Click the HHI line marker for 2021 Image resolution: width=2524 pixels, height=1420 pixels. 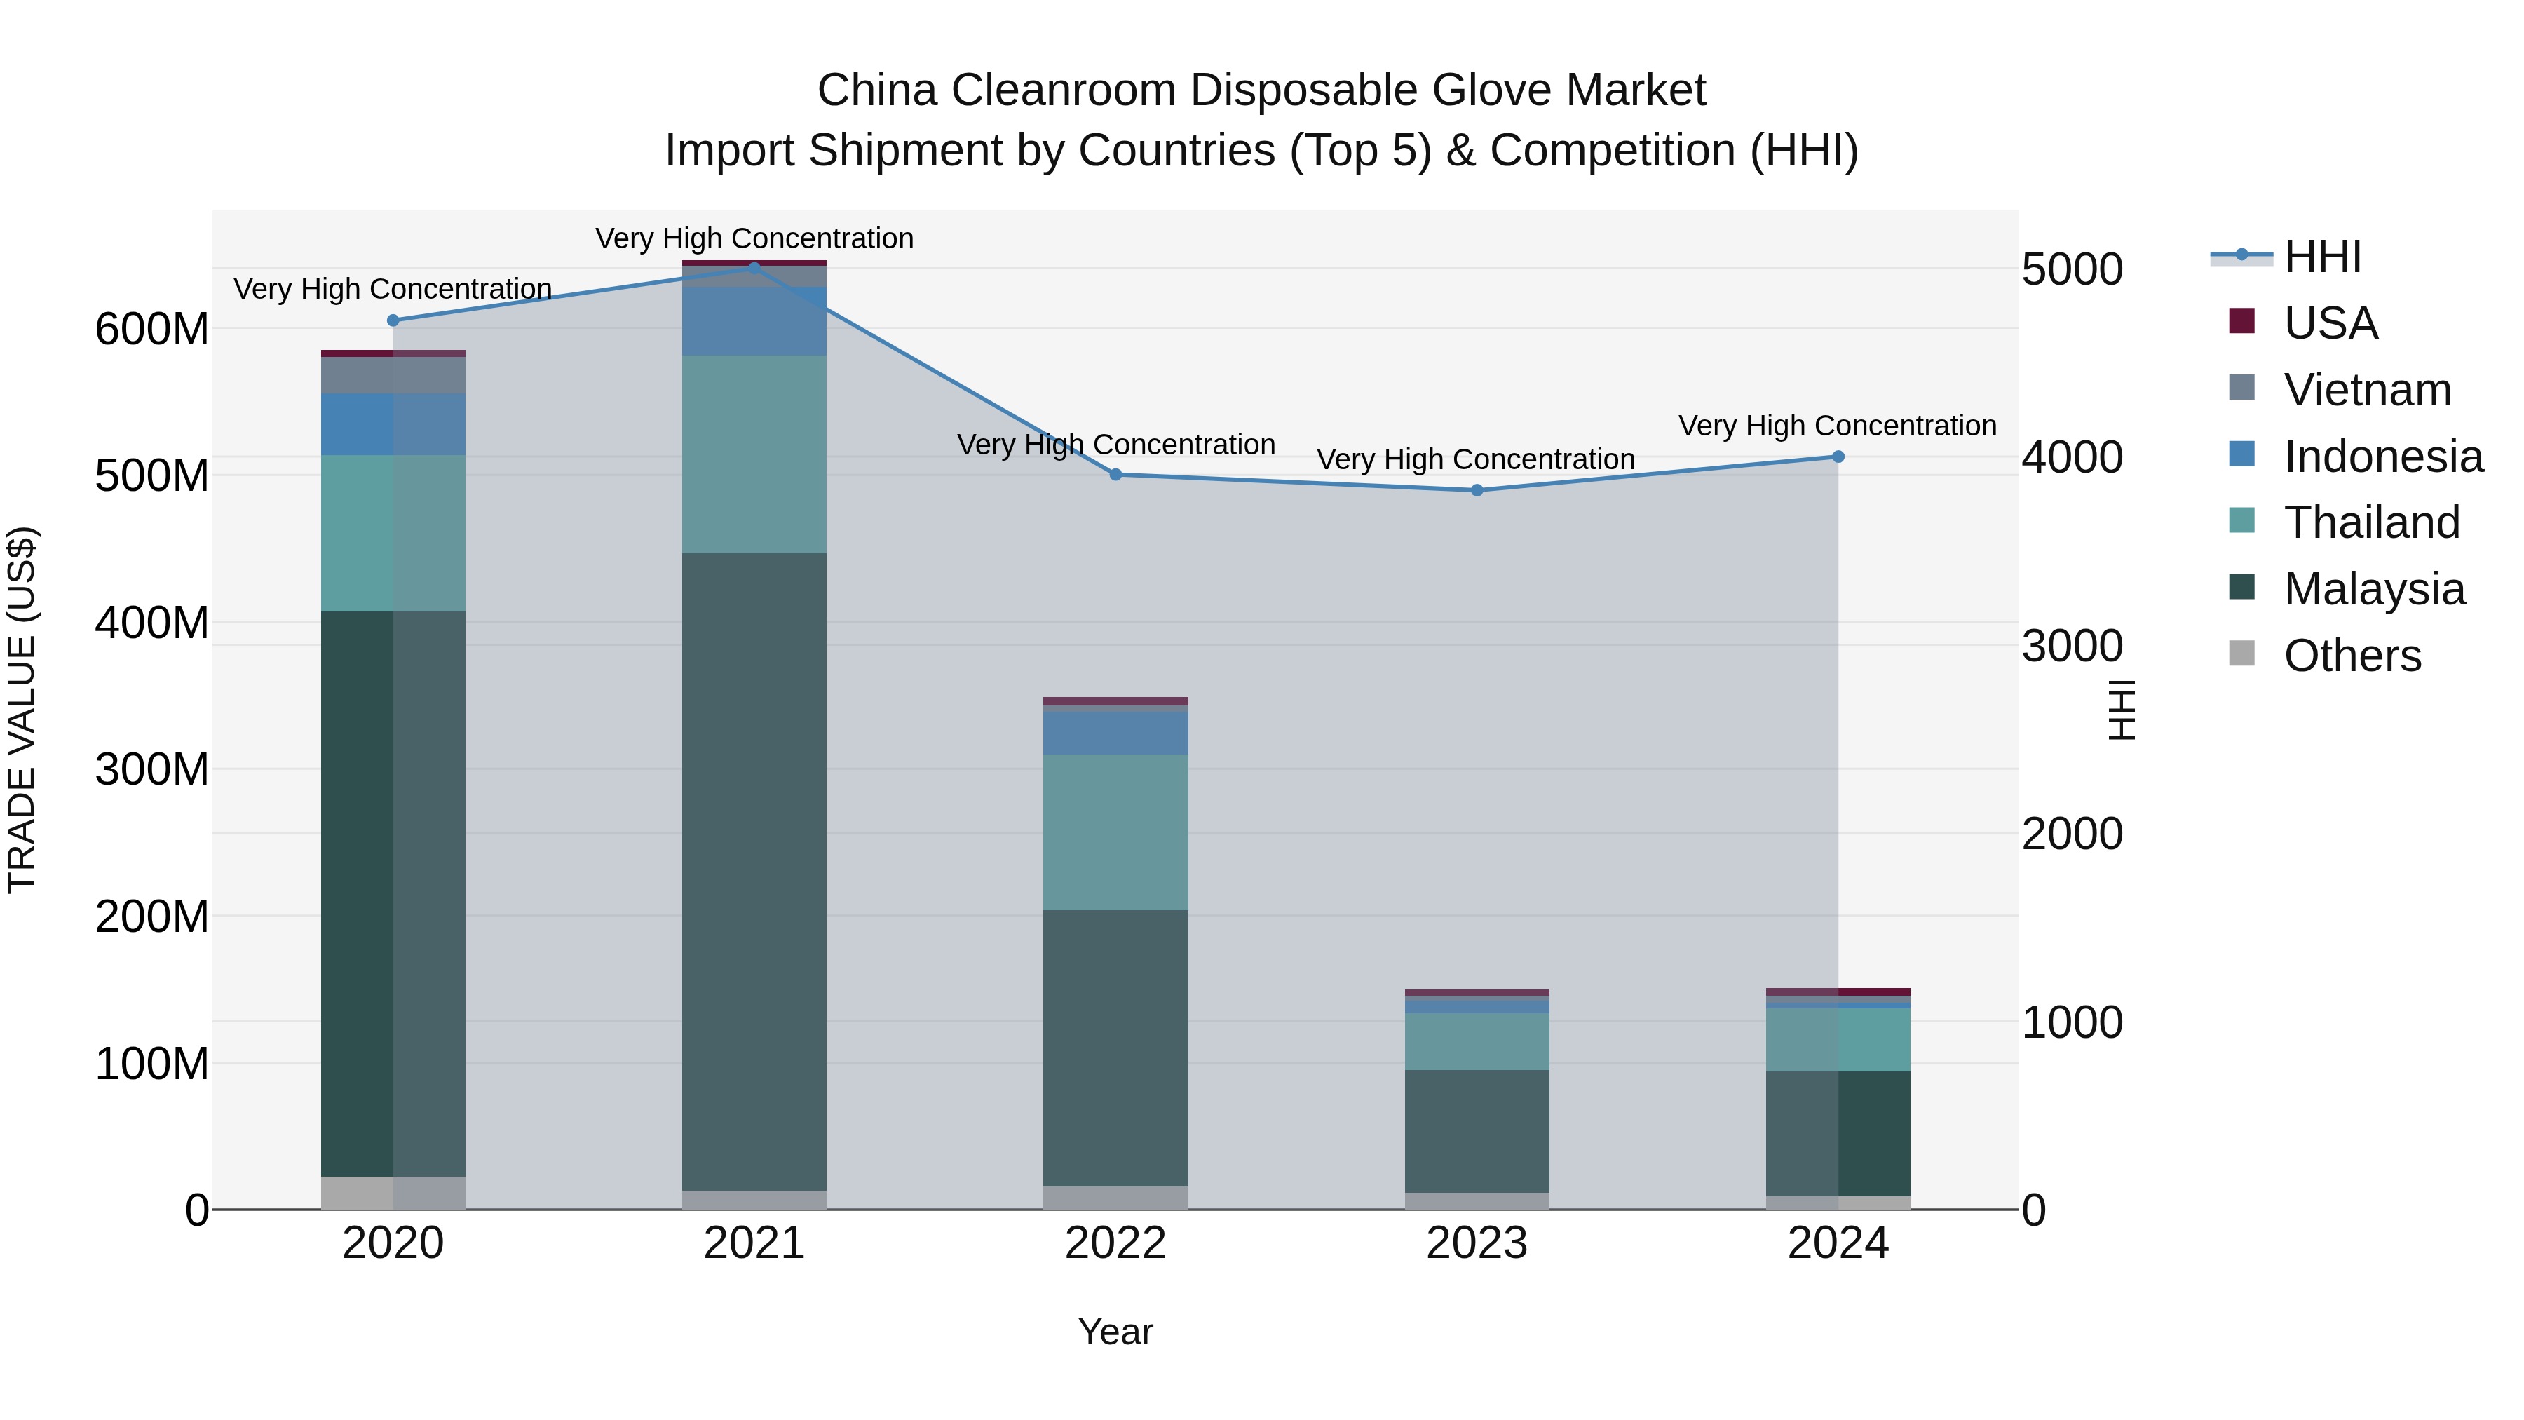coord(754,266)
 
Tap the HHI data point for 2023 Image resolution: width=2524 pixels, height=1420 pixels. coord(1477,490)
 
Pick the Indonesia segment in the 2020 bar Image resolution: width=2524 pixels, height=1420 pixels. coord(393,424)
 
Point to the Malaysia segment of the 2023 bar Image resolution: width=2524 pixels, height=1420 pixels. coord(1477,1131)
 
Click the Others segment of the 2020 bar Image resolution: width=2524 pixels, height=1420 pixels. coord(393,1193)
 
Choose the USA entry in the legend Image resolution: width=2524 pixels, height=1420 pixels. coord(2330,323)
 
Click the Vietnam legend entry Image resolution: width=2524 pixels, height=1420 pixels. coord(2366,390)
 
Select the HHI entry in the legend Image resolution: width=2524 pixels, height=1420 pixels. coord(2321,257)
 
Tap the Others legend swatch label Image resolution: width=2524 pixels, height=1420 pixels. coord(2352,656)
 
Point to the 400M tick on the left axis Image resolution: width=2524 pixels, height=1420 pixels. coord(152,622)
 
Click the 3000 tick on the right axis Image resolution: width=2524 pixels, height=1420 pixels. coord(2071,646)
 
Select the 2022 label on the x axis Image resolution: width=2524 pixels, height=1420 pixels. coord(1115,1243)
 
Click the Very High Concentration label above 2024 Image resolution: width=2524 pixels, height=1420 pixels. coord(1837,426)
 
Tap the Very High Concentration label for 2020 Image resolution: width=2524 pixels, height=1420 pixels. coord(393,289)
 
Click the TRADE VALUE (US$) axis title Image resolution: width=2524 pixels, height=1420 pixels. coord(22,710)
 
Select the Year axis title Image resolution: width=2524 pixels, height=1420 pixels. coord(1115,1332)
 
